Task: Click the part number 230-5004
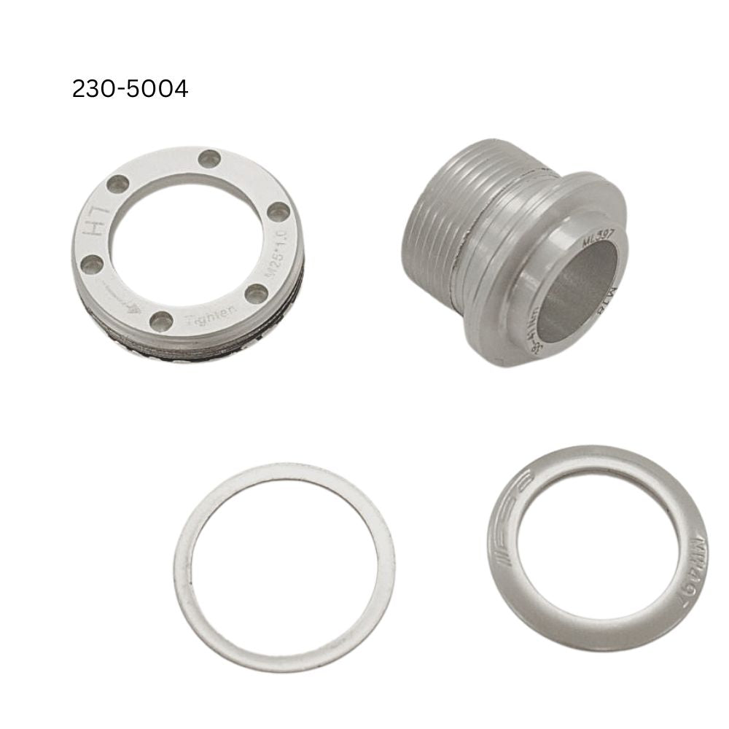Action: tap(130, 89)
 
